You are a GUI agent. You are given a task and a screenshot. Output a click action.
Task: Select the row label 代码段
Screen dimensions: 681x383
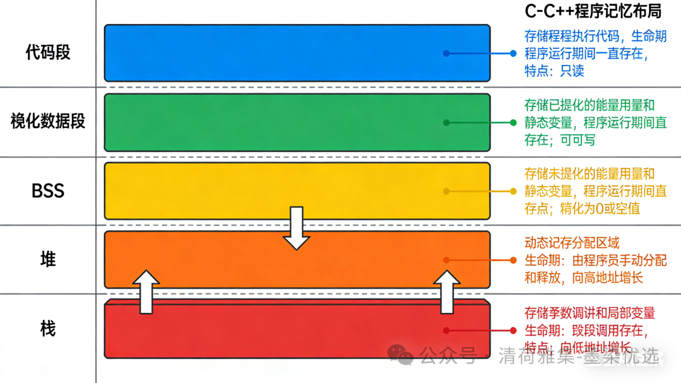tap(48, 52)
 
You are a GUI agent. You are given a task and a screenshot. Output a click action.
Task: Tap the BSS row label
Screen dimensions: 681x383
tap(48, 191)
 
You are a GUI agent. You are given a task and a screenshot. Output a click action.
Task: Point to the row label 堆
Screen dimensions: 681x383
tap(48, 259)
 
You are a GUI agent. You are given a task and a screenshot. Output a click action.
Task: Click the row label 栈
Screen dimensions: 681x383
tap(48, 328)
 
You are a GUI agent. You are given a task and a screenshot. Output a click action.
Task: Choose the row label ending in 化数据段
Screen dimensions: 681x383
tap(48, 121)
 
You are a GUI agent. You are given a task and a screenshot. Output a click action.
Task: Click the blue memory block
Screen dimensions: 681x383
tap(296, 53)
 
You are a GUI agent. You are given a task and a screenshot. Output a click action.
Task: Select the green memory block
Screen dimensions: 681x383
tap(296, 122)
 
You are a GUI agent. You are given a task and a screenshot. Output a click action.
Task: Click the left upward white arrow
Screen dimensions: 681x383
tap(146, 292)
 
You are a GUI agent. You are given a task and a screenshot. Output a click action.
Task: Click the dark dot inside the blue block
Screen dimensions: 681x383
tap(446, 54)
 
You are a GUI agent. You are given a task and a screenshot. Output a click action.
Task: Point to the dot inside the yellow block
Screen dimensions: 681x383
tap(446, 191)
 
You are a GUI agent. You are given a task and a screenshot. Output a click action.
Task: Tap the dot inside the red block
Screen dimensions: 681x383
tap(446, 330)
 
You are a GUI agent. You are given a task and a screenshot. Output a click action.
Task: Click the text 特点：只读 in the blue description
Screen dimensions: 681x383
tap(554, 71)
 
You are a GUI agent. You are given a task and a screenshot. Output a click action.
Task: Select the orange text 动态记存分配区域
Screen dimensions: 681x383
tap(572, 243)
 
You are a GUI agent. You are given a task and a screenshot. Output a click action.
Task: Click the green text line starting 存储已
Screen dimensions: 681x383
tap(590, 105)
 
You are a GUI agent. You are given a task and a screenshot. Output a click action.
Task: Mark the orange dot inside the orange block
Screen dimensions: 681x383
tap(446, 260)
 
